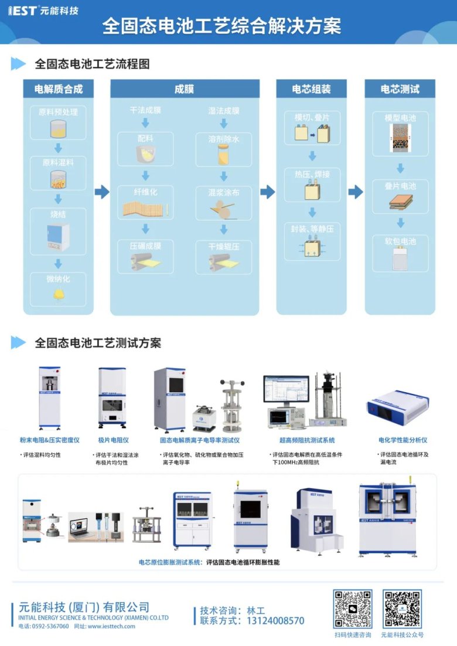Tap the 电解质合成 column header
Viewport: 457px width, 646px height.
[59, 89]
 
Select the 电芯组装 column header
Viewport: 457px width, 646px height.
[312, 89]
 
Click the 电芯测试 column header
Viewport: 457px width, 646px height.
[400, 89]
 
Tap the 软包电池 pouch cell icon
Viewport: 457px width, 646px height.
[400, 259]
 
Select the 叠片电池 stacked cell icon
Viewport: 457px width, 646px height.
[401, 202]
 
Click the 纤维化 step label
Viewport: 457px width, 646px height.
[145, 192]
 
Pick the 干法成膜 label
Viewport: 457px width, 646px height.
[145, 110]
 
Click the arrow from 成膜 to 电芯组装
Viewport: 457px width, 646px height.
[268, 192]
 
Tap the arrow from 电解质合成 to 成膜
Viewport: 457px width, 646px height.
[102, 192]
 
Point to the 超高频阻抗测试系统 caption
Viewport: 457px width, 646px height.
[307, 440]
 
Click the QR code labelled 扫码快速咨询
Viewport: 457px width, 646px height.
[353, 608]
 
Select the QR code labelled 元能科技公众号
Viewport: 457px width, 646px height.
[402, 608]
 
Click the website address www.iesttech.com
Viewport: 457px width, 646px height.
[111, 626]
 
